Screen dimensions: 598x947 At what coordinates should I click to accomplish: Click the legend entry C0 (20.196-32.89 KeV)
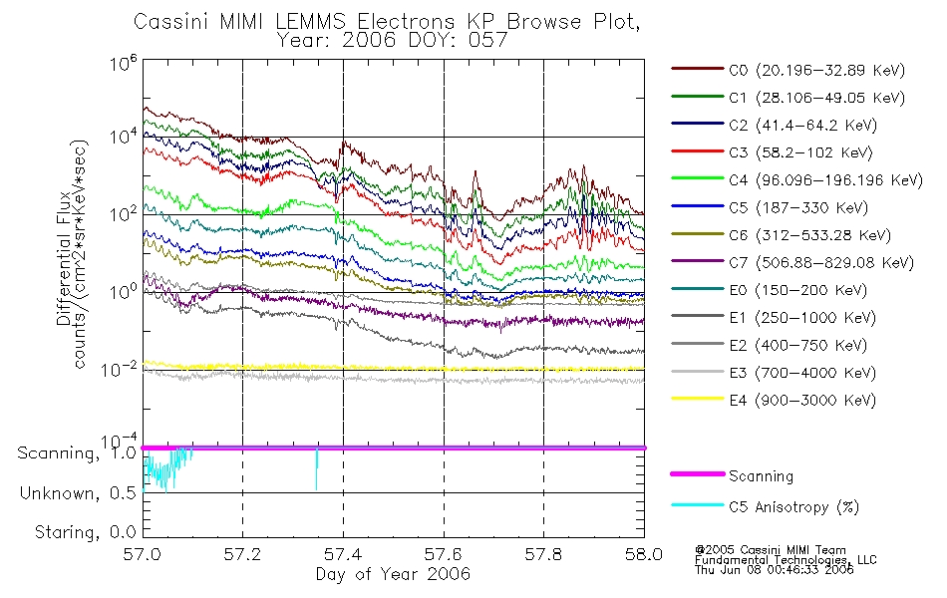point(788,70)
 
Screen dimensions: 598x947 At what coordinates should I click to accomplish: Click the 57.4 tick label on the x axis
point(343,556)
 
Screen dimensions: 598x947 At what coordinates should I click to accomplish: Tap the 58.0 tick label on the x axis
point(643,556)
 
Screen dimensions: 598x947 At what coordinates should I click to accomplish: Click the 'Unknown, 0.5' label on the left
point(78,492)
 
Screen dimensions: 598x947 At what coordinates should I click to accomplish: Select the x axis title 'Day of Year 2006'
point(393,574)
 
